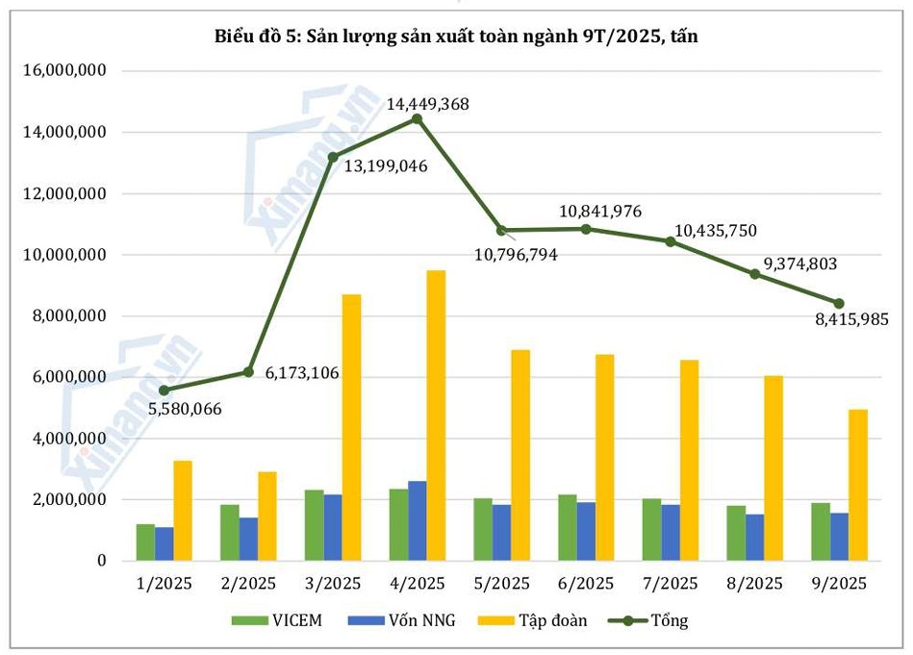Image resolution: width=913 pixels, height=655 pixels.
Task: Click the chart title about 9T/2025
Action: (456, 38)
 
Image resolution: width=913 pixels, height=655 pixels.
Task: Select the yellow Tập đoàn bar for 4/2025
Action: (436, 416)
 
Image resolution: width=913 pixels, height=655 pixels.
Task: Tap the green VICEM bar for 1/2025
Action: (145, 542)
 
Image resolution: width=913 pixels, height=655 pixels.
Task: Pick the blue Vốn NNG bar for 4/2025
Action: (418, 520)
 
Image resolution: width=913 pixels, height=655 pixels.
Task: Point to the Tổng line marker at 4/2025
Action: (417, 118)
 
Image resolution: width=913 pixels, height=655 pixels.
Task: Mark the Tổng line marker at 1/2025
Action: (165, 390)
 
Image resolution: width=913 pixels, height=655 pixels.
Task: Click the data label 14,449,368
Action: (427, 104)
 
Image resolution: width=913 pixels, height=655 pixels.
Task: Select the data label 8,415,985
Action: (847, 319)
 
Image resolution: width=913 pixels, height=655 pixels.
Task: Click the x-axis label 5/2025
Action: (502, 584)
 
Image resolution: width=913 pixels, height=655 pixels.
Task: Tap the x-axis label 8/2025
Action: (755, 584)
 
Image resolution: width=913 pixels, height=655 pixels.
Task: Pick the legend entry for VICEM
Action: (278, 620)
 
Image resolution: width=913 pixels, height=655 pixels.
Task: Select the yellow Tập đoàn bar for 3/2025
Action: (351, 427)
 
